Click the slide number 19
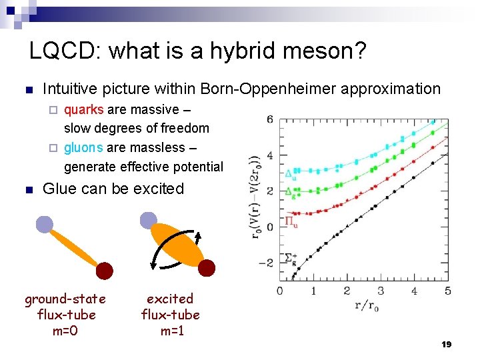click(x=447, y=344)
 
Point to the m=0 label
click(x=65, y=330)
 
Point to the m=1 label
click(x=170, y=330)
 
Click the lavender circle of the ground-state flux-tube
click(x=45, y=225)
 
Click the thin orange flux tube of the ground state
click(x=75, y=248)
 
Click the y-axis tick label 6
click(x=269, y=120)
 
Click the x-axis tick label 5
click(x=447, y=291)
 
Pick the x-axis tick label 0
click(x=279, y=291)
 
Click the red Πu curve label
click(x=291, y=221)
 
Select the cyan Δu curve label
click(x=291, y=175)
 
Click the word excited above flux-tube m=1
click(x=170, y=299)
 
